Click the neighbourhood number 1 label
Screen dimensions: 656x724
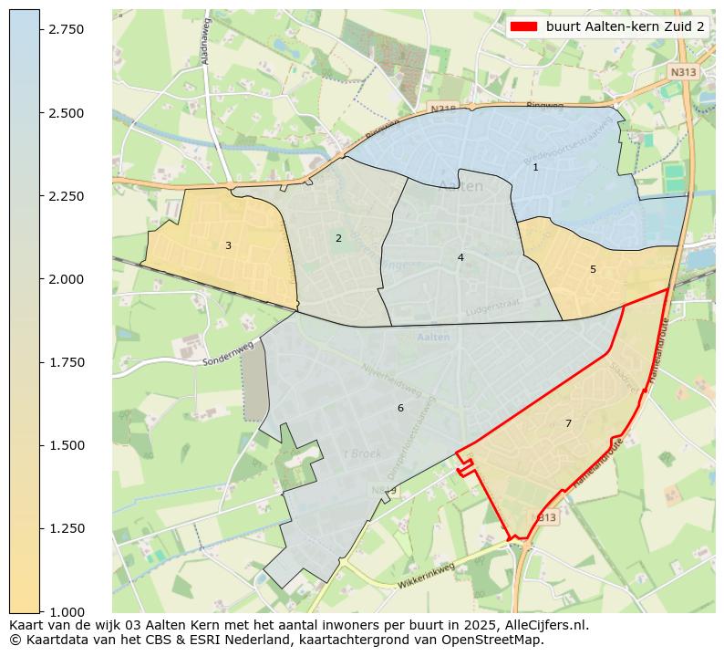[535, 167]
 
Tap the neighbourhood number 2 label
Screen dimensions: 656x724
[338, 238]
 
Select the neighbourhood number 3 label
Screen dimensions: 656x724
[228, 245]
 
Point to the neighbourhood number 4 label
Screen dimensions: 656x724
[460, 257]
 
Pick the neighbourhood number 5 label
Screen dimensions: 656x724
[593, 269]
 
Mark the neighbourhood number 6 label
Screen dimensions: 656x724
[400, 408]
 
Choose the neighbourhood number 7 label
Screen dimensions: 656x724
[568, 423]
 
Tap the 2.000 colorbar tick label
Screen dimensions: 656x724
[67, 279]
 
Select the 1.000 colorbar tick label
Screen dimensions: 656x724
[67, 611]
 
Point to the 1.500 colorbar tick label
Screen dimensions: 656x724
[67, 445]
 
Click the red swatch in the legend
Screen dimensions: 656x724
[524, 26]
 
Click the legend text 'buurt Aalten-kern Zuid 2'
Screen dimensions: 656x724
[625, 26]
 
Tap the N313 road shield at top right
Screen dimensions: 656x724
[682, 71]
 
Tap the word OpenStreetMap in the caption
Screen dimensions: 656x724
[499, 640]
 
